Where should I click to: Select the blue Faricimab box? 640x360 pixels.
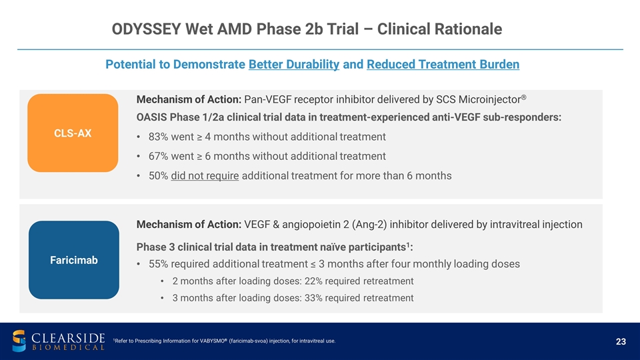pos(73,259)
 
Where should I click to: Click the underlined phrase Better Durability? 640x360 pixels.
pos(294,65)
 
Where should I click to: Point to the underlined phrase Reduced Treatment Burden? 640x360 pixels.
pos(443,65)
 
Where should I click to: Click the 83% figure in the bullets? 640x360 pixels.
pos(159,137)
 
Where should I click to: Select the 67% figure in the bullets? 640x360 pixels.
pos(159,156)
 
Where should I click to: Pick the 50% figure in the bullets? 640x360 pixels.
pos(159,176)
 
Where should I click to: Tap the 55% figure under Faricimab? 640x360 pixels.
pos(159,264)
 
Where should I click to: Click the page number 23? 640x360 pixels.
pos(621,342)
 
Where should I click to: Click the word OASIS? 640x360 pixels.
pos(153,117)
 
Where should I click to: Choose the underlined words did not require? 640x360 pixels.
pos(205,176)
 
